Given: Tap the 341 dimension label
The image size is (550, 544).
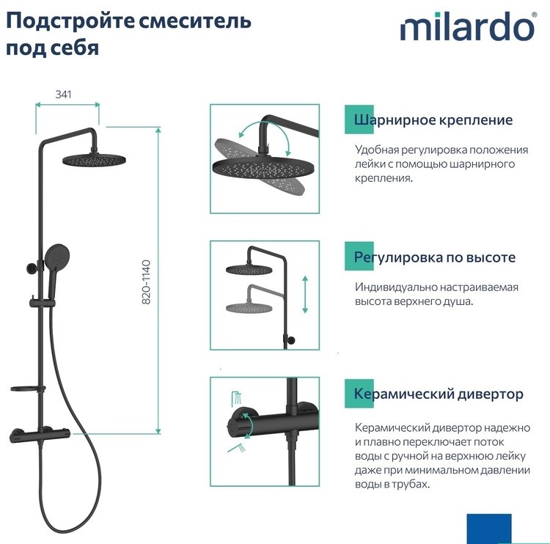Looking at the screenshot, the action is point(64,95).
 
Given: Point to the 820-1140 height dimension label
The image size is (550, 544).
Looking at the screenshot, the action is point(146,282).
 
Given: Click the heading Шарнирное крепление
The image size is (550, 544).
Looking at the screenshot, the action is point(433,120).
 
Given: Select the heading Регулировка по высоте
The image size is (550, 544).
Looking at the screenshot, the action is point(435,257).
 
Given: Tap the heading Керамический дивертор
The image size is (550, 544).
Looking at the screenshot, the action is point(439,394).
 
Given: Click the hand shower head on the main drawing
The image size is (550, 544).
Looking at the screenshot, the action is point(56,255).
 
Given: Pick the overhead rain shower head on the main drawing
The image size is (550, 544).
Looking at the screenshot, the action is point(94,161).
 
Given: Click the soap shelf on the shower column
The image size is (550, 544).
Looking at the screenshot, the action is point(28,389).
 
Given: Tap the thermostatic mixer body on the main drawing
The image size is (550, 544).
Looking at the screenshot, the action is point(40,435).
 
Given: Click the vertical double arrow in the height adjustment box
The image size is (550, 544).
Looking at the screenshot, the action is point(305,294).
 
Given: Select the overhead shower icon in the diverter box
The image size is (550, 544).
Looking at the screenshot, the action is point(237,398).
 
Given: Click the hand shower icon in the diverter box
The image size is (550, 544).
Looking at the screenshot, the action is point(236,448).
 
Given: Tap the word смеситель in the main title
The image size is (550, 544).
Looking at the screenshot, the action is point(195,21).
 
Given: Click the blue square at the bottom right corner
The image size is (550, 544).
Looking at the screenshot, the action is point(489,529).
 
